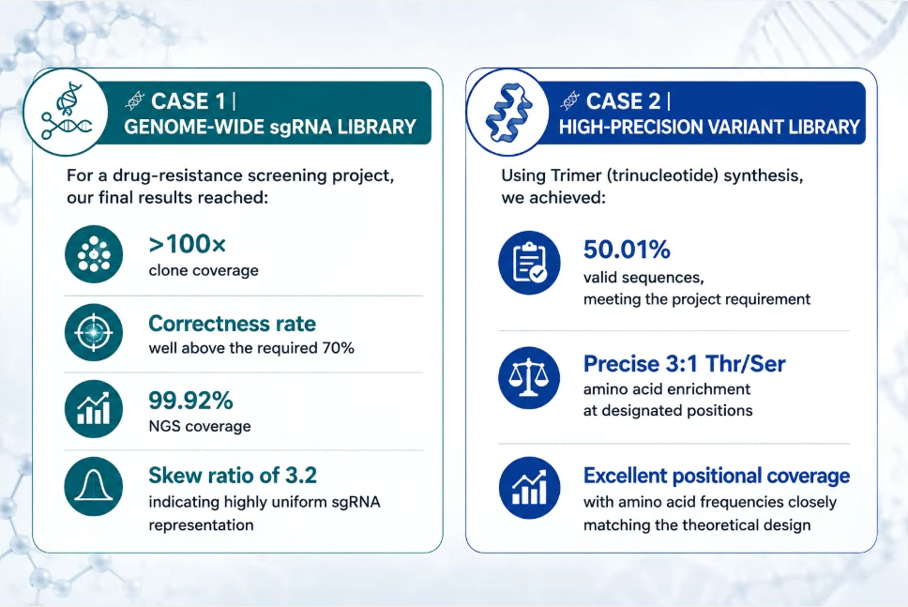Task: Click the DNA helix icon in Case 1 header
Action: (66, 112)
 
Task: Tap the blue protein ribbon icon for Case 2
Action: (508, 112)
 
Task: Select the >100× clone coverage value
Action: (187, 245)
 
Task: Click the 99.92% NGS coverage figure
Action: (190, 401)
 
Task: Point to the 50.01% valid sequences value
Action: (627, 250)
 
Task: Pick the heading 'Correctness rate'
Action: (233, 323)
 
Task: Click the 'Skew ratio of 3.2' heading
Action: (233, 476)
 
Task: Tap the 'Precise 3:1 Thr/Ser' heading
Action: (685, 364)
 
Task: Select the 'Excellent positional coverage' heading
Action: (717, 476)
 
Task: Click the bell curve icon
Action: (94, 487)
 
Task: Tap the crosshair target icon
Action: (94, 332)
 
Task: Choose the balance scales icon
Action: (529, 378)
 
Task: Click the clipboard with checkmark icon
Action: (529, 263)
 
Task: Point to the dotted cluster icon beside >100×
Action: (94, 254)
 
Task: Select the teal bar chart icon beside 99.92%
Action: (94, 409)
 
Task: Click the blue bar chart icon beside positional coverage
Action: (529, 488)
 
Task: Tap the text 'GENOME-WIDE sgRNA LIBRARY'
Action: (270, 127)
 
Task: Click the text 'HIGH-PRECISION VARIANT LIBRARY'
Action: (709, 127)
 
